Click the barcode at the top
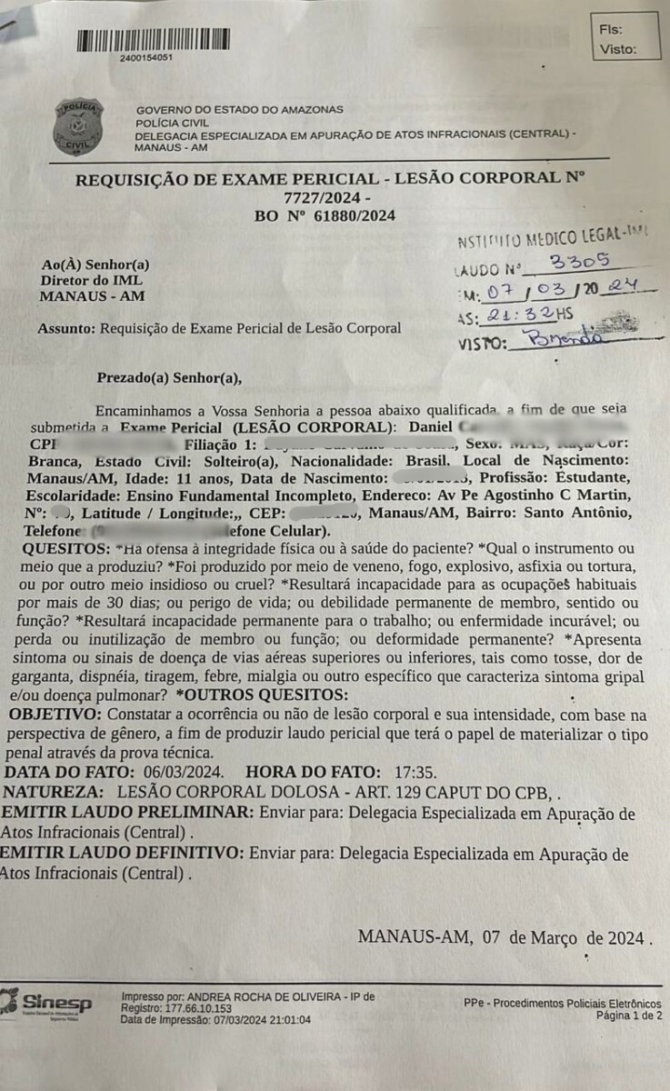point(154,40)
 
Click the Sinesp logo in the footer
point(47,1003)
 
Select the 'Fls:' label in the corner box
point(611,29)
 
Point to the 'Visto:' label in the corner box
point(618,50)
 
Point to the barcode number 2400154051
point(145,57)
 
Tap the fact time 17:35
point(417,772)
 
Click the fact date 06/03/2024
point(177,772)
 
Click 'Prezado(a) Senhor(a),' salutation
point(170,377)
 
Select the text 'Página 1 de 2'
point(629,1015)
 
